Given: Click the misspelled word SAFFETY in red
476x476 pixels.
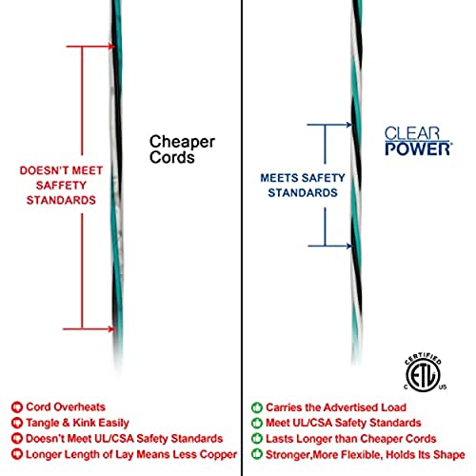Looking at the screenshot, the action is point(61,186).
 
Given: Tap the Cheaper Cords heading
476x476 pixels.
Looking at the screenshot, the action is point(182,149).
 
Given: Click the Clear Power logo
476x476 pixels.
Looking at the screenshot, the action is point(418,141).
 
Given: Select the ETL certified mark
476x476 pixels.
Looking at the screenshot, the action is point(425,372).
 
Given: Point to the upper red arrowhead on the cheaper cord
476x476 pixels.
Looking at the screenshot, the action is point(111,47).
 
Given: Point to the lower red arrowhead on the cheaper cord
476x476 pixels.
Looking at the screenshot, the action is point(111,329).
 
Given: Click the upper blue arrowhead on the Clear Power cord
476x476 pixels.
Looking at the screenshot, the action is point(349,125).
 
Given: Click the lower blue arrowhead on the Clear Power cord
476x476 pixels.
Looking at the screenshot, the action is point(349,246).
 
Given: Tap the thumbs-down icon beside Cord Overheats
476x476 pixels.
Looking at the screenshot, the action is point(17,407).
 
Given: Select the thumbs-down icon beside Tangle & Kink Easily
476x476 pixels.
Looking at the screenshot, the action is point(17,423).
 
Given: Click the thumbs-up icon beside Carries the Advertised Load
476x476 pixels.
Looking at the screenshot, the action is point(257,407).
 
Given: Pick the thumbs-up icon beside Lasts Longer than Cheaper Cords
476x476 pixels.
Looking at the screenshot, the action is point(257,439).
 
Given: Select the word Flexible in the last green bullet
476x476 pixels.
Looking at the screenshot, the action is point(360,455).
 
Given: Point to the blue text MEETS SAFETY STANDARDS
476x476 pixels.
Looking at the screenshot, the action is point(303,186).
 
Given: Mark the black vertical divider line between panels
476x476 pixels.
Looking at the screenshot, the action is point(242,238).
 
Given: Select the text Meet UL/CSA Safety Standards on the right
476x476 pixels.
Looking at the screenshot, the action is point(344,423).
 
